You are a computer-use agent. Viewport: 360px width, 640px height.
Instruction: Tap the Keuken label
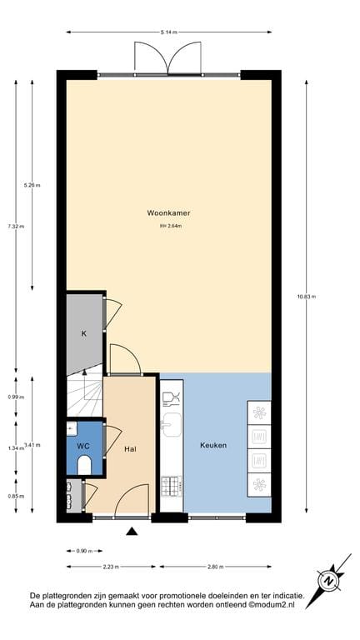pyautogui.click(x=212, y=445)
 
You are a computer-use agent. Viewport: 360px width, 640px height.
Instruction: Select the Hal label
pyautogui.click(x=129, y=449)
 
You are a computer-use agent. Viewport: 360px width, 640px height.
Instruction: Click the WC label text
pyautogui.click(x=82, y=447)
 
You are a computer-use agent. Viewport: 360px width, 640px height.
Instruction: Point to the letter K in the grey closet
pyautogui.click(x=83, y=333)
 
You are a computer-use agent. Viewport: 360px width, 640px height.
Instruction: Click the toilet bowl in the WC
pyautogui.click(x=84, y=466)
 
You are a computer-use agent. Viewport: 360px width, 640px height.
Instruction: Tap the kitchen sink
pyautogui.click(x=172, y=425)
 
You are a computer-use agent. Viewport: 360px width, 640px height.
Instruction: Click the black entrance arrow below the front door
pyautogui.click(x=132, y=530)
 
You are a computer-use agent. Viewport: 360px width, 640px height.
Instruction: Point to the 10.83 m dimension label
pyautogui.click(x=307, y=296)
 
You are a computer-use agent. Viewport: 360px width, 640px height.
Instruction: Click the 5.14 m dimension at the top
pyautogui.click(x=169, y=32)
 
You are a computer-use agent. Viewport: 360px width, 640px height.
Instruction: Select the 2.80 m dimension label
pyautogui.click(x=215, y=567)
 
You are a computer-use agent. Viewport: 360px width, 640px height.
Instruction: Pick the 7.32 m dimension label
pyautogui.click(x=16, y=226)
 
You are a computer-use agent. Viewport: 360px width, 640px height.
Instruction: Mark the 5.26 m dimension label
pyautogui.click(x=32, y=185)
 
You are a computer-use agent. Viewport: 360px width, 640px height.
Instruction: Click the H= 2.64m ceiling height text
pyautogui.click(x=169, y=226)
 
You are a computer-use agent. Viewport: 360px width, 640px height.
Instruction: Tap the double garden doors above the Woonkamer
pyautogui.click(x=169, y=58)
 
